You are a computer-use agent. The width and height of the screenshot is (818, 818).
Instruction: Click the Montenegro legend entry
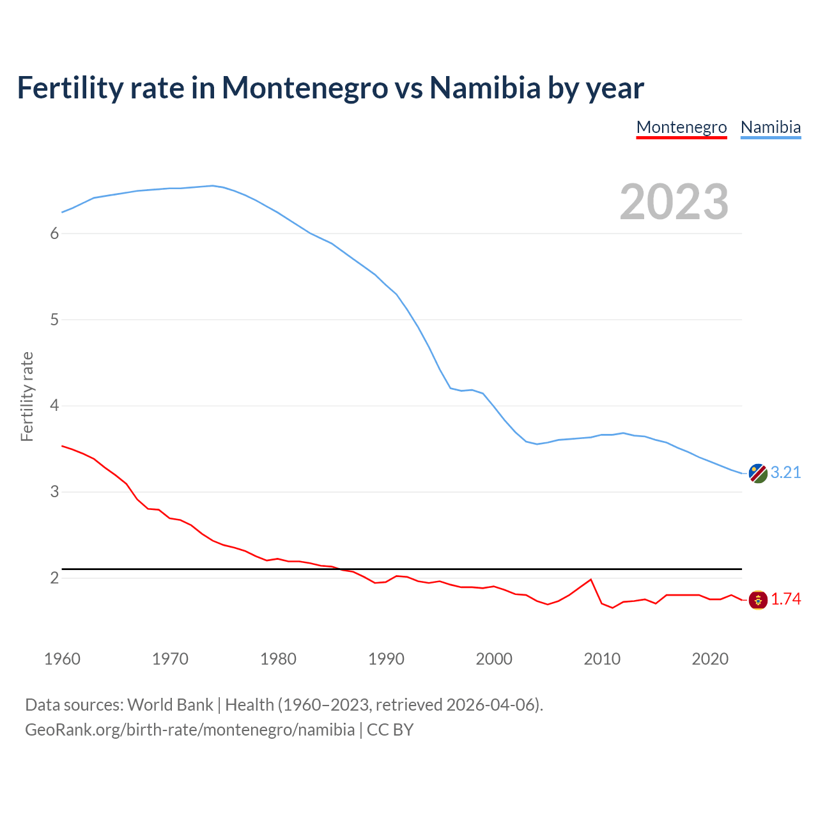tap(681, 127)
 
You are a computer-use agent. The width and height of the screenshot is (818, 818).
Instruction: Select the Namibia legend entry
tap(770, 127)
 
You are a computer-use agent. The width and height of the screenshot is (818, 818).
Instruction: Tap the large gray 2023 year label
tap(674, 202)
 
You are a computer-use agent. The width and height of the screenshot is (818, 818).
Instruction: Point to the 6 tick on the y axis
tap(54, 233)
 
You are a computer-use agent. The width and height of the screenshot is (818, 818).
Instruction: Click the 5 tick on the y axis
tap(54, 320)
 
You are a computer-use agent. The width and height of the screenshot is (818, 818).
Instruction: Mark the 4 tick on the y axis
tap(54, 405)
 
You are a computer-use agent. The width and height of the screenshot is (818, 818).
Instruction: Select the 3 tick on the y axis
tap(54, 491)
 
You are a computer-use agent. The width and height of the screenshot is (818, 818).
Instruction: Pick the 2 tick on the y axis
tap(54, 578)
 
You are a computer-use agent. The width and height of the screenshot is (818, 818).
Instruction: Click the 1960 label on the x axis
tap(62, 659)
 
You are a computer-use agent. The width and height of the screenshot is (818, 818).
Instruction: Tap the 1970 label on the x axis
tap(170, 659)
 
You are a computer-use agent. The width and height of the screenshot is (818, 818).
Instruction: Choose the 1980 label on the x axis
tap(278, 659)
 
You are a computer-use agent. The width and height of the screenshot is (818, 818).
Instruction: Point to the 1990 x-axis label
tap(386, 659)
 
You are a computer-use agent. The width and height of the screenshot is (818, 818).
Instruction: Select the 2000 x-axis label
tap(494, 659)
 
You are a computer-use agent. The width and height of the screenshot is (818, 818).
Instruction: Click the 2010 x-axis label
tap(602, 659)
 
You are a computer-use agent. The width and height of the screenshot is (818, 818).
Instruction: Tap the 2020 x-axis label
tap(710, 659)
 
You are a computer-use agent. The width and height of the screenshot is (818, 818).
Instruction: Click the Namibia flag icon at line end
tap(758, 474)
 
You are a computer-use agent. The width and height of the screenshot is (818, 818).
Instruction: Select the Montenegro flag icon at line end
tap(758, 600)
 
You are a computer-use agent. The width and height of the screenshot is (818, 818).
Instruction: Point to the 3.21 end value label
tap(785, 472)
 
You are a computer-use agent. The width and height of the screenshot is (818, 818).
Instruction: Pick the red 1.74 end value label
tap(785, 599)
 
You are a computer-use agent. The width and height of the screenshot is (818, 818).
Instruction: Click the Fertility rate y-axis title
tap(27, 396)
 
